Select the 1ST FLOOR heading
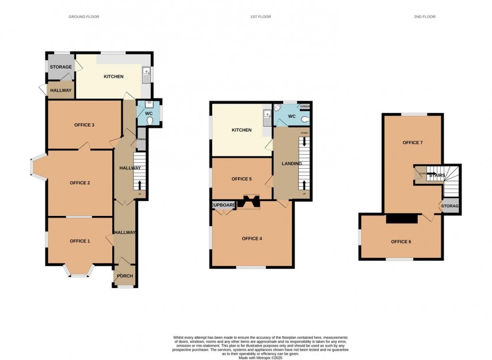pyautogui.click(x=260, y=17)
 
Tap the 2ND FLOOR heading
pyautogui.click(x=425, y=17)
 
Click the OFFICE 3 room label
pyautogui.click(x=84, y=125)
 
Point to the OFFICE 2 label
pyautogui.click(x=80, y=183)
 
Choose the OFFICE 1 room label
pyautogui.click(x=80, y=240)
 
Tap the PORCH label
pyautogui.click(x=125, y=276)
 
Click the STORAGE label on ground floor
pyautogui.click(x=60, y=67)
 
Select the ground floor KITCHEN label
pyautogui.click(x=113, y=77)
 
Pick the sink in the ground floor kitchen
pyautogui.click(x=147, y=73)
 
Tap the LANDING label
pyautogui.click(x=291, y=164)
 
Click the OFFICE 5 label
pyautogui.click(x=242, y=179)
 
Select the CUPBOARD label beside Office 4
pyautogui.click(x=223, y=205)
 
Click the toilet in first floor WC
pyautogui.click(x=304, y=120)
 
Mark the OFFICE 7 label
pyautogui.click(x=413, y=142)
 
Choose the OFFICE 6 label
pyautogui.click(x=401, y=241)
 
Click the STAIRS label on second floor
pyautogui.click(x=437, y=176)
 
